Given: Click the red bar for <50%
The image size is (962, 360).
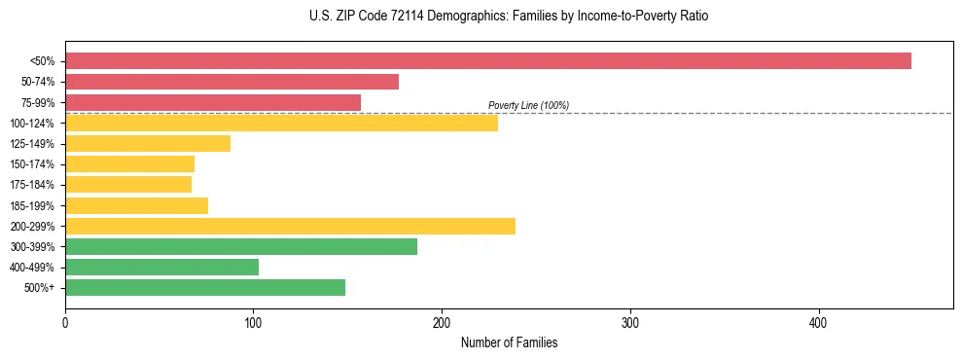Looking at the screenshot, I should point(487,61).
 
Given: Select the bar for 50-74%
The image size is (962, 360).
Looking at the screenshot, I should point(232,82).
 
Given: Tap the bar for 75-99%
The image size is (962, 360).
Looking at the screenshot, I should point(213,102).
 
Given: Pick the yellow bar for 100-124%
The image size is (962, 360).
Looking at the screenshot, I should point(281,123).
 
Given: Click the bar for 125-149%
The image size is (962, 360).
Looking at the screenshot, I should point(148,143).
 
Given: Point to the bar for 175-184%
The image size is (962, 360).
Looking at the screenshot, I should point(128,184).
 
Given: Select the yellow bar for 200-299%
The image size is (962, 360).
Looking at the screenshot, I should point(290,226).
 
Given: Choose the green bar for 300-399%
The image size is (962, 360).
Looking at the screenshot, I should point(241,246).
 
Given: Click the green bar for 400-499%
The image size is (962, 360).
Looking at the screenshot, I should point(161,267).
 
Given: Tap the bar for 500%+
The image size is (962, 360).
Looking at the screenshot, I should point(205,287).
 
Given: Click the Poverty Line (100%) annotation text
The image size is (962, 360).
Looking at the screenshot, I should point(528,105).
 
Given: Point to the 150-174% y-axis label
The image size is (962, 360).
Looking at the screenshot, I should point(32,164).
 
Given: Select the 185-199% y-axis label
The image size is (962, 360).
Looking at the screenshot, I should point(32,205).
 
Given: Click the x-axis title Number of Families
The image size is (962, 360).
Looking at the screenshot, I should point(509,342).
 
